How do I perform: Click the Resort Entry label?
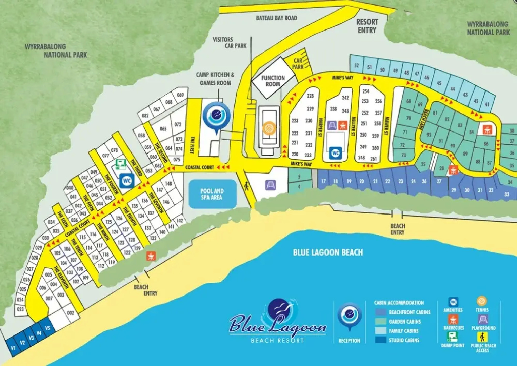(x=367, y=26)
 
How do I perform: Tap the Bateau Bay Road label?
(x=276, y=18)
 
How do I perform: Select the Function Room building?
(x=273, y=81)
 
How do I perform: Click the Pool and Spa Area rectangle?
(x=212, y=194)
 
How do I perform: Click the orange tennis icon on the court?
(x=269, y=128)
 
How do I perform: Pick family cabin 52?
(x=356, y=65)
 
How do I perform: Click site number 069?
(x=180, y=95)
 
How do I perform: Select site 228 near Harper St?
(x=310, y=96)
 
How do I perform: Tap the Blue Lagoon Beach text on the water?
(x=327, y=252)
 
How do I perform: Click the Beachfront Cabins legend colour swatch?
(x=381, y=312)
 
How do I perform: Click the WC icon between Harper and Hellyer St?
(x=335, y=153)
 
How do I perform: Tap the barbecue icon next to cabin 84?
(x=487, y=129)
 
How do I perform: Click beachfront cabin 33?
(x=507, y=195)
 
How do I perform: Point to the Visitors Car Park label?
(x=230, y=43)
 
